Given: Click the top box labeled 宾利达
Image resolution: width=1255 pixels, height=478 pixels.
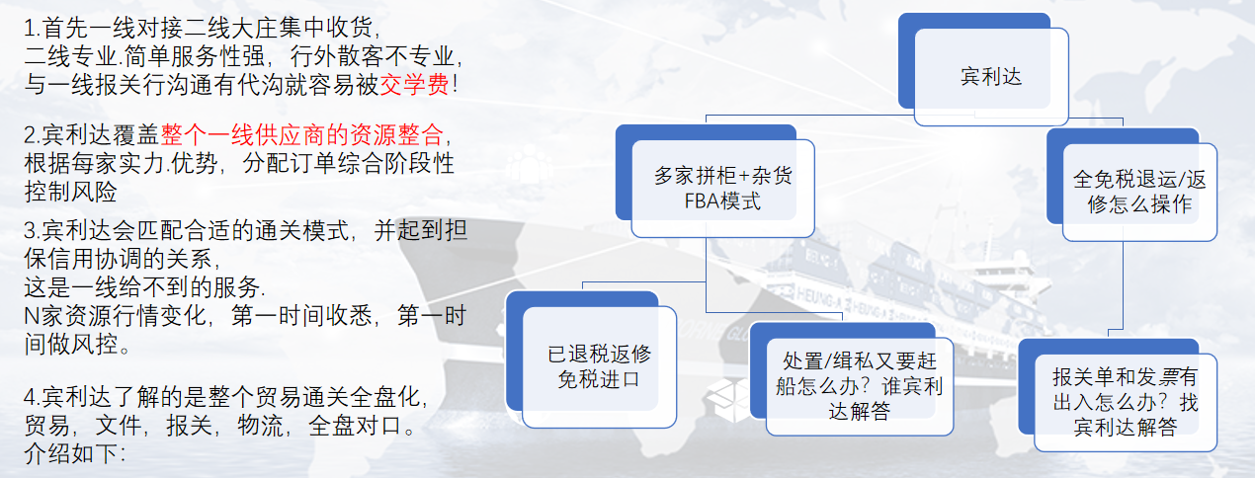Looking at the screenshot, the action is click(983, 69).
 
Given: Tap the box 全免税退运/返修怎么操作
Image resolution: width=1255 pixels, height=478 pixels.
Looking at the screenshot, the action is click(1131, 186).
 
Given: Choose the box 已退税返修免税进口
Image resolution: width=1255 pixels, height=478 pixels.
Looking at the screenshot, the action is click(591, 359).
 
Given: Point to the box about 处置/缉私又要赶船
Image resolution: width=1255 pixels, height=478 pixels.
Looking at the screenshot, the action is click(852, 379).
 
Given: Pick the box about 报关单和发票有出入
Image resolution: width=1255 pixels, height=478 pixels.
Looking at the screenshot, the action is click(1118, 395).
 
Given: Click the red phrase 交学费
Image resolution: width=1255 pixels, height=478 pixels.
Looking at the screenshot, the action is click(415, 85).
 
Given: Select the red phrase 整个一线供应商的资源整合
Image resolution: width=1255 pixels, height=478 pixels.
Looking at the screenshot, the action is click(302, 135).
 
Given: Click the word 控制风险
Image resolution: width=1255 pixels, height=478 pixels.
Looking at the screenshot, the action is click(70, 192).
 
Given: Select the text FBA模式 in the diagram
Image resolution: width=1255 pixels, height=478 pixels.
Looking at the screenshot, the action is click(722, 200).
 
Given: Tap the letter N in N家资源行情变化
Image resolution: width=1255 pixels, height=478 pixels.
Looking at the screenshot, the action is click(32, 316).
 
